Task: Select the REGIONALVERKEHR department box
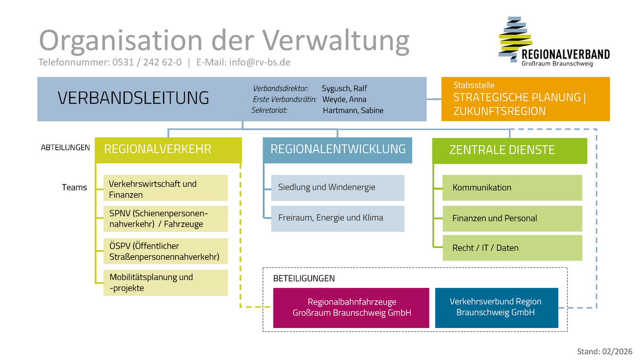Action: click(x=168, y=150)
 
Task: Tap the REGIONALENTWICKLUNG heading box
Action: click(x=338, y=150)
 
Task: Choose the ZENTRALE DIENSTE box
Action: click(x=509, y=150)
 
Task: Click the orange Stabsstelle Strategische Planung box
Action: click(x=525, y=99)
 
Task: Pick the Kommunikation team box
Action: click(x=512, y=188)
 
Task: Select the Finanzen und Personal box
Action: click(x=512, y=218)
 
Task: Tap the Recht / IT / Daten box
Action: click(x=512, y=248)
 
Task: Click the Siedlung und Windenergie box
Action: click(x=338, y=187)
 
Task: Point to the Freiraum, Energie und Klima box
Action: click(x=338, y=218)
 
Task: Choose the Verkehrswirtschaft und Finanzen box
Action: click(x=165, y=189)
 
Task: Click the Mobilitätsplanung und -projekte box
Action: click(x=165, y=283)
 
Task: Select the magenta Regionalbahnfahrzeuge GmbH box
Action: click(x=351, y=308)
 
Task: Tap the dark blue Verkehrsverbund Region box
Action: click(x=496, y=308)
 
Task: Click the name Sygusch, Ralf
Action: click(x=345, y=89)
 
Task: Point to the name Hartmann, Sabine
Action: click(x=353, y=110)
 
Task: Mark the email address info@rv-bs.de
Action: click(x=260, y=62)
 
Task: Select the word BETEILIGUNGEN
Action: click(x=304, y=278)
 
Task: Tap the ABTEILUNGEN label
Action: click(x=66, y=148)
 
